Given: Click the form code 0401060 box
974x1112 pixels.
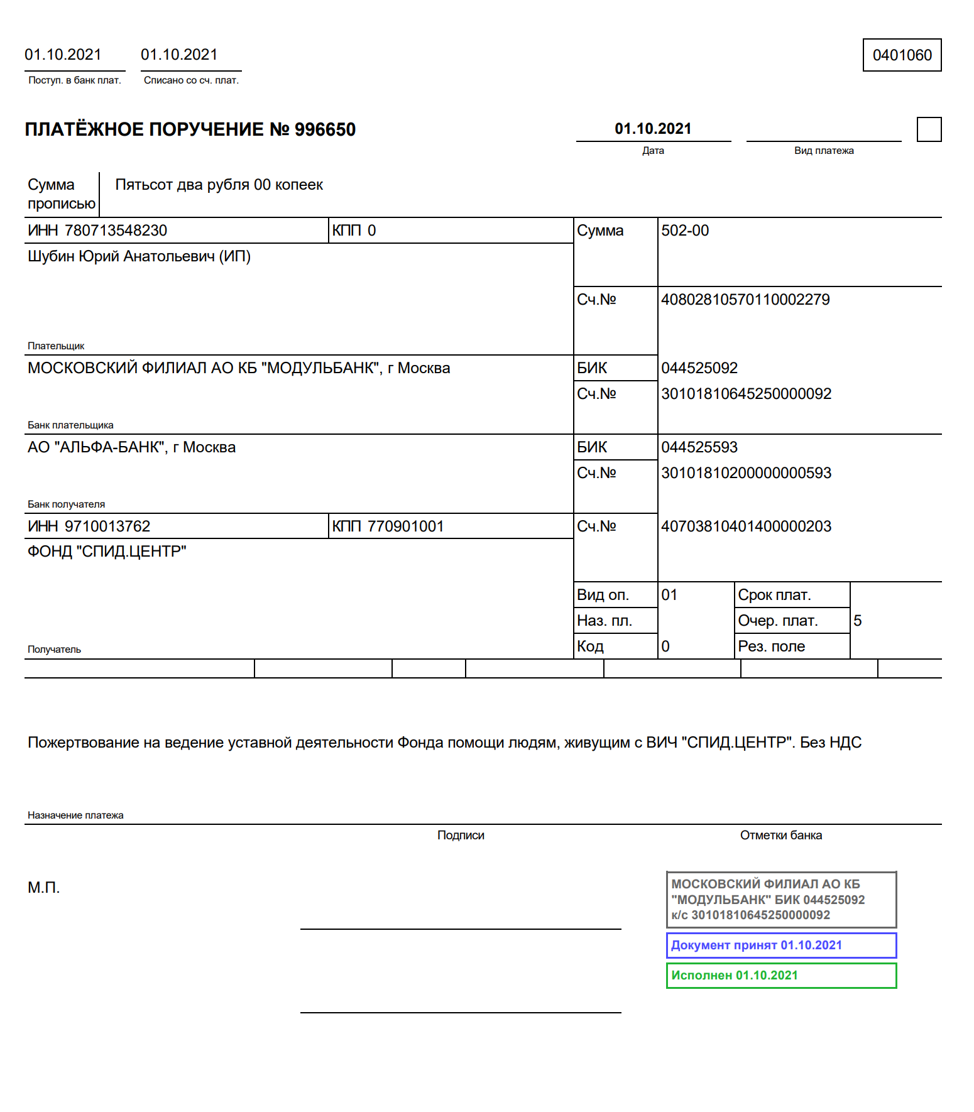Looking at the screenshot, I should click(x=902, y=55).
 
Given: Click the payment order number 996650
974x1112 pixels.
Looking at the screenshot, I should click(x=325, y=129).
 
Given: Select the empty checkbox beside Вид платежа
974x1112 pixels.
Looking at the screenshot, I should click(x=929, y=129).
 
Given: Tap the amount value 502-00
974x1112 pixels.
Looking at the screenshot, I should click(x=685, y=231).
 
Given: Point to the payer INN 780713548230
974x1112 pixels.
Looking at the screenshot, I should click(x=116, y=231).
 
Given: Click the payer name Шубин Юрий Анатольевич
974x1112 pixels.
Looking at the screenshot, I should click(x=139, y=256).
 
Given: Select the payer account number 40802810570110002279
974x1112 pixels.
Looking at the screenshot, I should click(x=745, y=300).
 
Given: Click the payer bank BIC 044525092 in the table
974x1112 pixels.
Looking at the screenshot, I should click(x=699, y=368).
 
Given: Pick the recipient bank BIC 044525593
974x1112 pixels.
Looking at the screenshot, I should click(x=699, y=447).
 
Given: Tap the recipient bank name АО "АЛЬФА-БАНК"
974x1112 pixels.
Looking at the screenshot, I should click(x=131, y=447).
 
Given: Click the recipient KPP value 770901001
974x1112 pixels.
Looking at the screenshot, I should click(x=405, y=526).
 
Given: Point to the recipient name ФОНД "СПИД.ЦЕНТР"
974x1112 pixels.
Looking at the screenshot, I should click(x=107, y=552).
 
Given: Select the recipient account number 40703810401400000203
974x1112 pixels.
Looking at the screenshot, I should click(x=746, y=526).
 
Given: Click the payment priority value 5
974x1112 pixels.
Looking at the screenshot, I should click(x=858, y=621).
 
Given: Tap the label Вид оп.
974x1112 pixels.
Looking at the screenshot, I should click(x=603, y=595).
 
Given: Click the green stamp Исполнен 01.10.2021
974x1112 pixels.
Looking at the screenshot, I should click(x=781, y=976).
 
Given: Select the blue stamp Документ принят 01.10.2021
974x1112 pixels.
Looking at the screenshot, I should click(x=781, y=946).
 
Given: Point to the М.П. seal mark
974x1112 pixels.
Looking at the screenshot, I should click(x=43, y=888).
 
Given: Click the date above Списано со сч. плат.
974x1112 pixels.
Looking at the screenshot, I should click(x=179, y=55).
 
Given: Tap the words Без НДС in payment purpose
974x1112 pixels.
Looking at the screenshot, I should click(x=830, y=743).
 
